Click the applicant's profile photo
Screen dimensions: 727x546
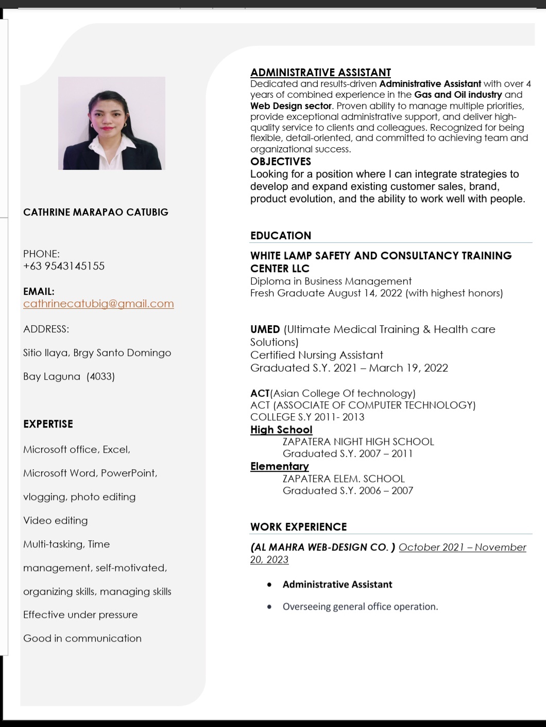tap(112, 123)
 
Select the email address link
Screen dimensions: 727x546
tap(98, 304)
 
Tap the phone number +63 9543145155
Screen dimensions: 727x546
tap(64, 266)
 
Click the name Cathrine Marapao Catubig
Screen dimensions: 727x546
tap(96, 212)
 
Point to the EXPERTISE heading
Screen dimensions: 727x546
tap(48, 424)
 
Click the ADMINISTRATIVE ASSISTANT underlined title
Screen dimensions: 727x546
tap(320, 73)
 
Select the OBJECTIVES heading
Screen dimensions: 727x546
tap(280, 162)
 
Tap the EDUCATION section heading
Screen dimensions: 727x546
tap(281, 236)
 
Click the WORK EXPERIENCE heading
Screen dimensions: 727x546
tap(298, 527)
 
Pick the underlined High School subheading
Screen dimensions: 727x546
tap(281, 430)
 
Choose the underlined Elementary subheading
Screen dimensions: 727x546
tap(279, 466)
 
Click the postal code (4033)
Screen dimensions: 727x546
tap(100, 376)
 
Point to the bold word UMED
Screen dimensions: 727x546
tap(265, 329)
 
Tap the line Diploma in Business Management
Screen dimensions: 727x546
tap(331, 281)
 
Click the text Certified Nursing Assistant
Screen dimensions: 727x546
tap(316, 355)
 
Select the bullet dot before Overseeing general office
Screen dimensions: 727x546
tap(269, 607)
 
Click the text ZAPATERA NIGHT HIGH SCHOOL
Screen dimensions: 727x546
tap(358, 441)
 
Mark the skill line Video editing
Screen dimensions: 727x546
tap(55, 520)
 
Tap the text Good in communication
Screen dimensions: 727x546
tap(82, 638)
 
